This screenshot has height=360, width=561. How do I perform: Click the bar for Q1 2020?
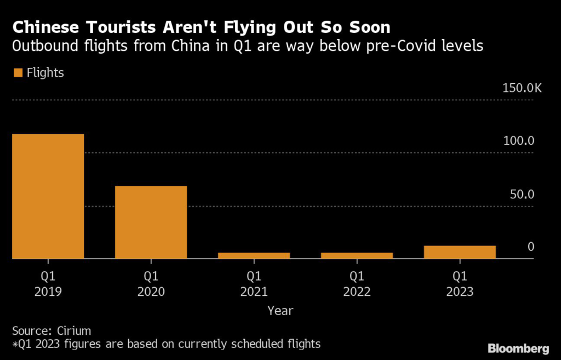pos(151,222)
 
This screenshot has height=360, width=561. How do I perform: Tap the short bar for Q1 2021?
pos(254,255)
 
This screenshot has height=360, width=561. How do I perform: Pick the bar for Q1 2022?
pos(357,255)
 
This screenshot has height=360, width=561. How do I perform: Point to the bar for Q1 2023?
pos(460,252)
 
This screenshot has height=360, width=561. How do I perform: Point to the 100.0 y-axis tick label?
pos(518,141)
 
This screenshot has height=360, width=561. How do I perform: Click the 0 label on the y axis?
pos(530,247)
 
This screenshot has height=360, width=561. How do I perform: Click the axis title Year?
pos(280,311)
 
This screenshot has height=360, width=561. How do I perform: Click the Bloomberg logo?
pos(518,348)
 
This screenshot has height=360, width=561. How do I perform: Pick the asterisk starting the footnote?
pos(14,344)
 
